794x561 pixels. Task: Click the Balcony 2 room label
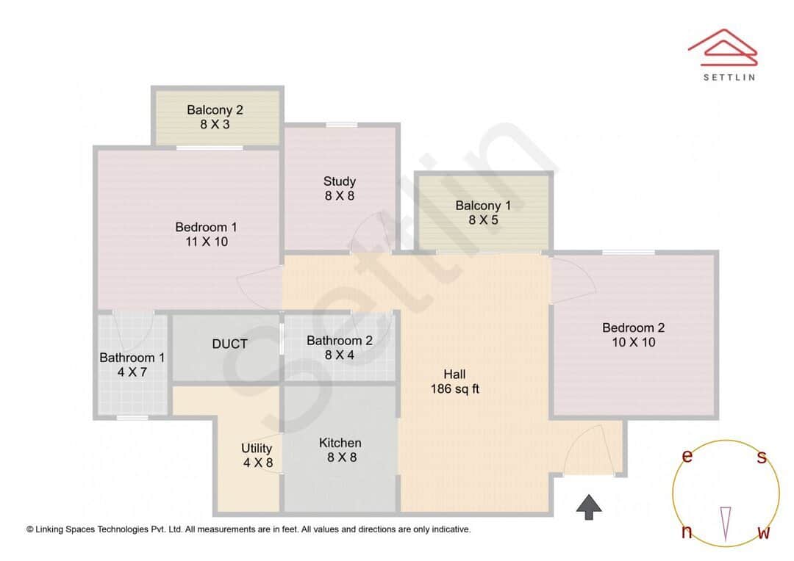click(215, 117)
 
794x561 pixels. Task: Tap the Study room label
click(340, 188)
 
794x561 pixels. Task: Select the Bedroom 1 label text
click(206, 234)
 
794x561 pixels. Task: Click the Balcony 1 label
click(483, 213)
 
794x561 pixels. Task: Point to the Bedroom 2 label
click(633, 335)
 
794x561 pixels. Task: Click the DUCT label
click(229, 344)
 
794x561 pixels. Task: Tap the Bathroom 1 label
click(132, 365)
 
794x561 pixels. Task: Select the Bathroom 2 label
click(340, 348)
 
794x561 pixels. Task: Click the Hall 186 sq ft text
click(454, 382)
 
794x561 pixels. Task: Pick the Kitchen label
click(340, 450)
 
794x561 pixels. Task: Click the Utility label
click(257, 455)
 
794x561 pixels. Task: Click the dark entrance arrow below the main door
click(589, 507)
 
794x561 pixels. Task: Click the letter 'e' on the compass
click(687, 456)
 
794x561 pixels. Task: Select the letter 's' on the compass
click(762, 457)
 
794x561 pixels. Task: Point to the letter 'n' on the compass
click(687, 532)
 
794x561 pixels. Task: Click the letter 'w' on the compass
click(764, 532)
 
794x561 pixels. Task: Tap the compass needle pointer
click(726, 523)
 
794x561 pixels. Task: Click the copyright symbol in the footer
click(30, 529)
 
